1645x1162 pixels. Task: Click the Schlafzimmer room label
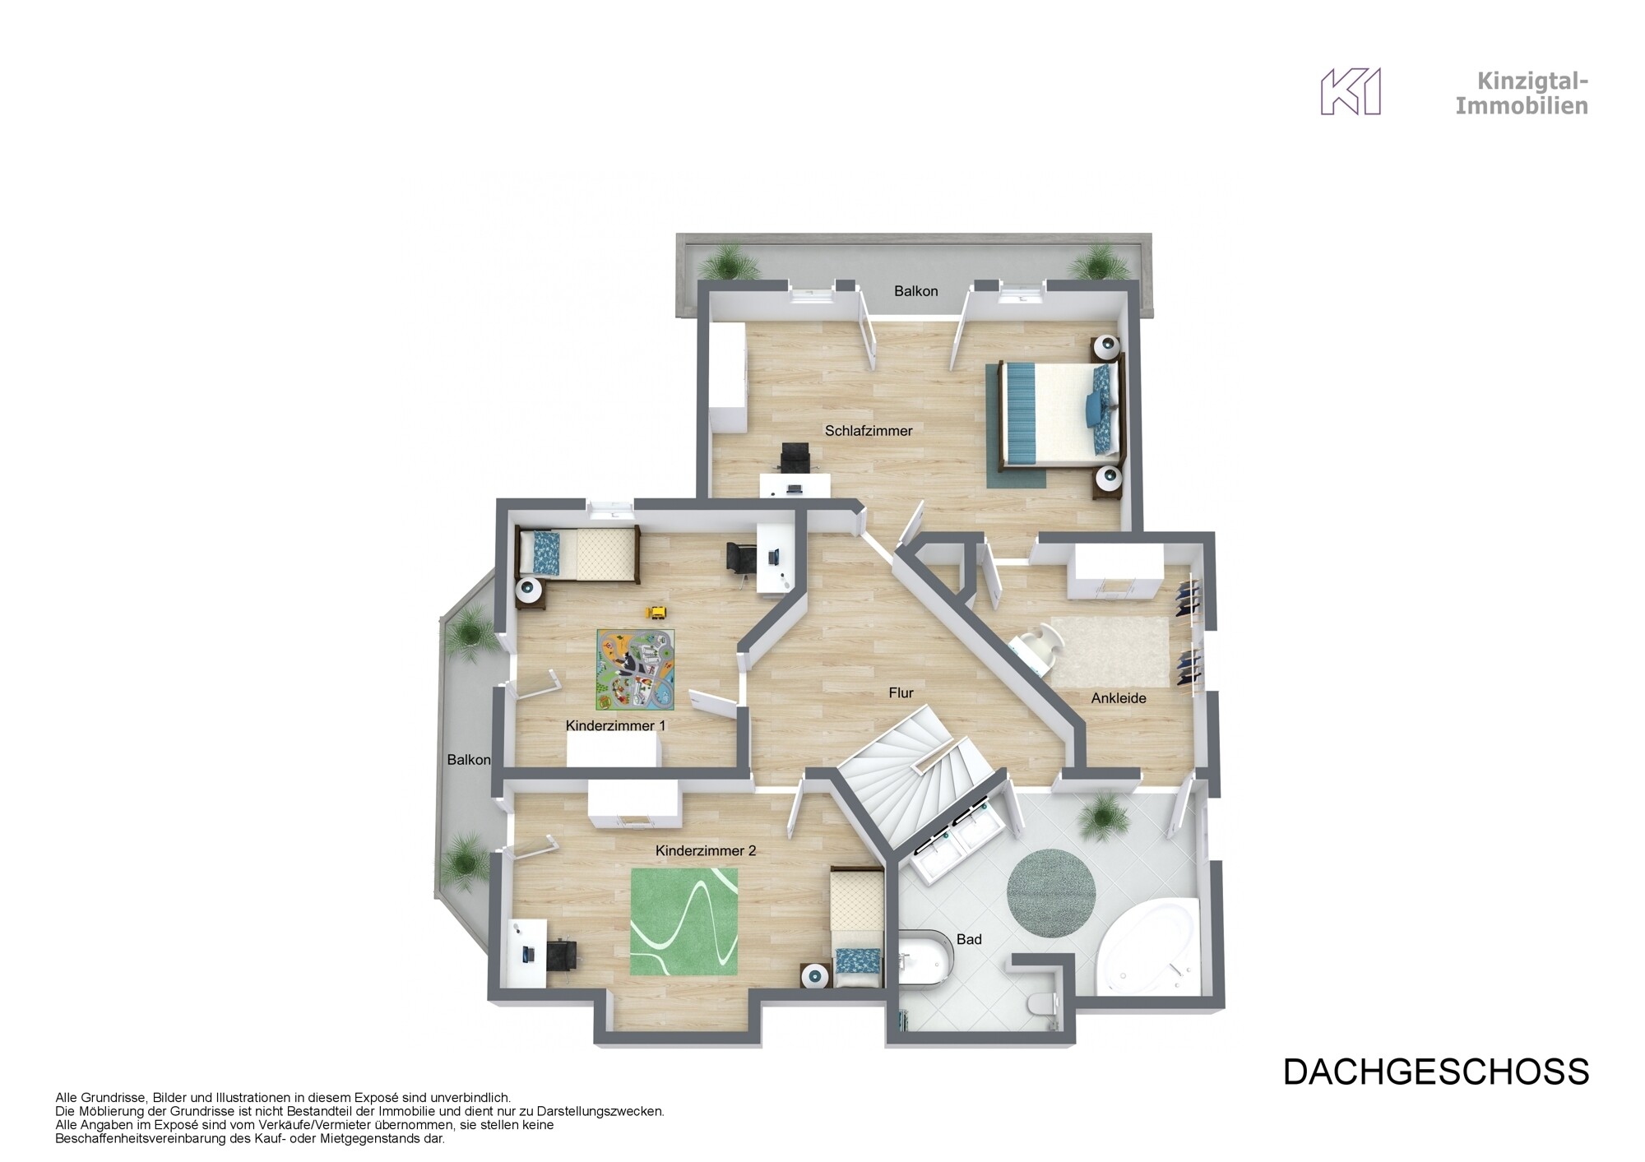pyautogui.click(x=869, y=431)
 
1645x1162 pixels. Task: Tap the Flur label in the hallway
pyautogui.click(x=901, y=693)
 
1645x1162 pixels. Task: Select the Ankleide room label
pyautogui.click(x=1118, y=699)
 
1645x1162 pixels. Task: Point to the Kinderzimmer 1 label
pyautogui.click(x=615, y=726)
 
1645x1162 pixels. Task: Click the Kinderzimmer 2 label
pyautogui.click(x=705, y=851)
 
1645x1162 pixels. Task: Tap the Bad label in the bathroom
pyautogui.click(x=969, y=939)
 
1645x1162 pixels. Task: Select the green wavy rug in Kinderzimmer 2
pyautogui.click(x=683, y=922)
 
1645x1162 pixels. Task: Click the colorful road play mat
pyautogui.click(x=635, y=669)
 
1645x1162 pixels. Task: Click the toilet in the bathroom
pyautogui.click(x=1044, y=1004)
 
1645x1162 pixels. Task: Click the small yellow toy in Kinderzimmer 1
pyautogui.click(x=657, y=612)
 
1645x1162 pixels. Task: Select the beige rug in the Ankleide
pyautogui.click(x=1110, y=651)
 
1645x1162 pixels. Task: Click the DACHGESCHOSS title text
pyautogui.click(x=1435, y=1072)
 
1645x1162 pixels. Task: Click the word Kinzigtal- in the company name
pyautogui.click(x=1532, y=81)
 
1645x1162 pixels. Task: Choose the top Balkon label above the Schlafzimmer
pyautogui.click(x=915, y=291)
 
